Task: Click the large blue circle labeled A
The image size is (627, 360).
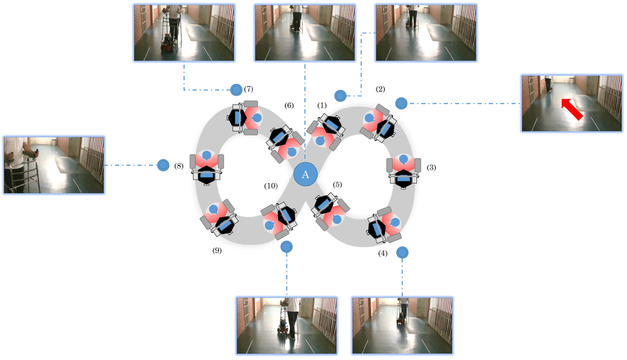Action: (306, 174)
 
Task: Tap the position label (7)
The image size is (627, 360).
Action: (249, 89)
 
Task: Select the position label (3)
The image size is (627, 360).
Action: (431, 167)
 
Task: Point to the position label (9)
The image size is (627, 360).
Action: (216, 250)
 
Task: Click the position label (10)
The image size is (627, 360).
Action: (271, 185)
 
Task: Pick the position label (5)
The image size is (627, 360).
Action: (337, 184)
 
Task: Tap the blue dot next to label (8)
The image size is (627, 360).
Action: (163, 165)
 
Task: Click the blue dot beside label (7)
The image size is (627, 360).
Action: (236, 90)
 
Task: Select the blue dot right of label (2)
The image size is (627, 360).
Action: (401, 103)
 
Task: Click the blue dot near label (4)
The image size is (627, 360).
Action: (402, 252)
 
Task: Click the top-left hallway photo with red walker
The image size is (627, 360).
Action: (184, 32)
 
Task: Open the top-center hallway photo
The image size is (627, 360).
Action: (304, 32)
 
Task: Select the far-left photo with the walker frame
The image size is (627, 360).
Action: (54, 165)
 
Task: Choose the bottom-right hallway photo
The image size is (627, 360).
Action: (402, 325)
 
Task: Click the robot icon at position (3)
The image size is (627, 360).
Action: (403, 171)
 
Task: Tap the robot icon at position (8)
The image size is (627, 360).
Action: (208, 167)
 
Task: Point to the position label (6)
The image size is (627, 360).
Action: (289, 105)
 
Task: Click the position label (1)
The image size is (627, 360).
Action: (322, 105)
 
